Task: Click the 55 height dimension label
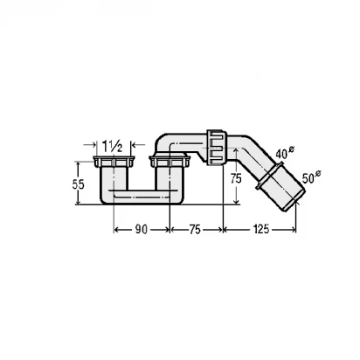pyautogui.click(x=78, y=184)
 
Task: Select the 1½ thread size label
pyautogui.click(x=113, y=146)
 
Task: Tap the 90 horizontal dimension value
pyautogui.click(x=142, y=230)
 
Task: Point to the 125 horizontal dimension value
pyautogui.click(x=260, y=230)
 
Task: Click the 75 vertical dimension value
pyautogui.click(x=236, y=178)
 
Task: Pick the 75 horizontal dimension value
pyautogui.click(x=195, y=230)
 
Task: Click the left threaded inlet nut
pyautogui.click(x=114, y=162)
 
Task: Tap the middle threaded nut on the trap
pyautogui.click(x=170, y=162)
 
